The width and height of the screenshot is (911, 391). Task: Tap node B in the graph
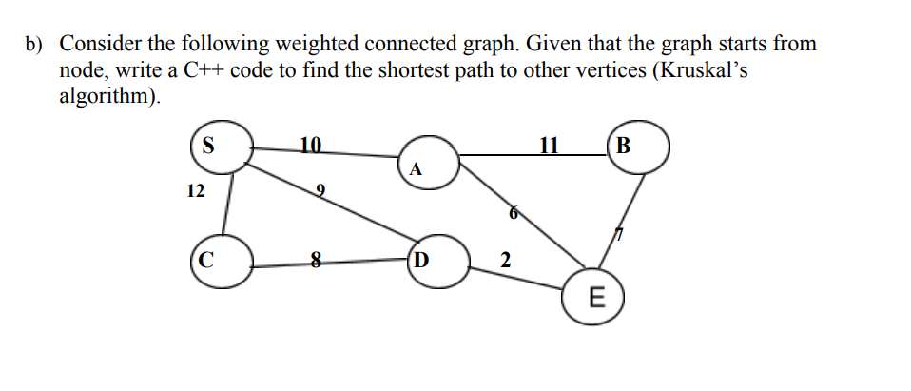638,147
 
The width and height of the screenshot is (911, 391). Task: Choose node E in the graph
595,298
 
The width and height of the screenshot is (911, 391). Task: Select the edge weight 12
195,191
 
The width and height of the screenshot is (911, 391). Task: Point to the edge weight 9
320,192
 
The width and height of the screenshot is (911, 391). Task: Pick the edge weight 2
505,260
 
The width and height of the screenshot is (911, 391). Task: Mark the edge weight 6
514,215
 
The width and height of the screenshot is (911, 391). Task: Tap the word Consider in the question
101,44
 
